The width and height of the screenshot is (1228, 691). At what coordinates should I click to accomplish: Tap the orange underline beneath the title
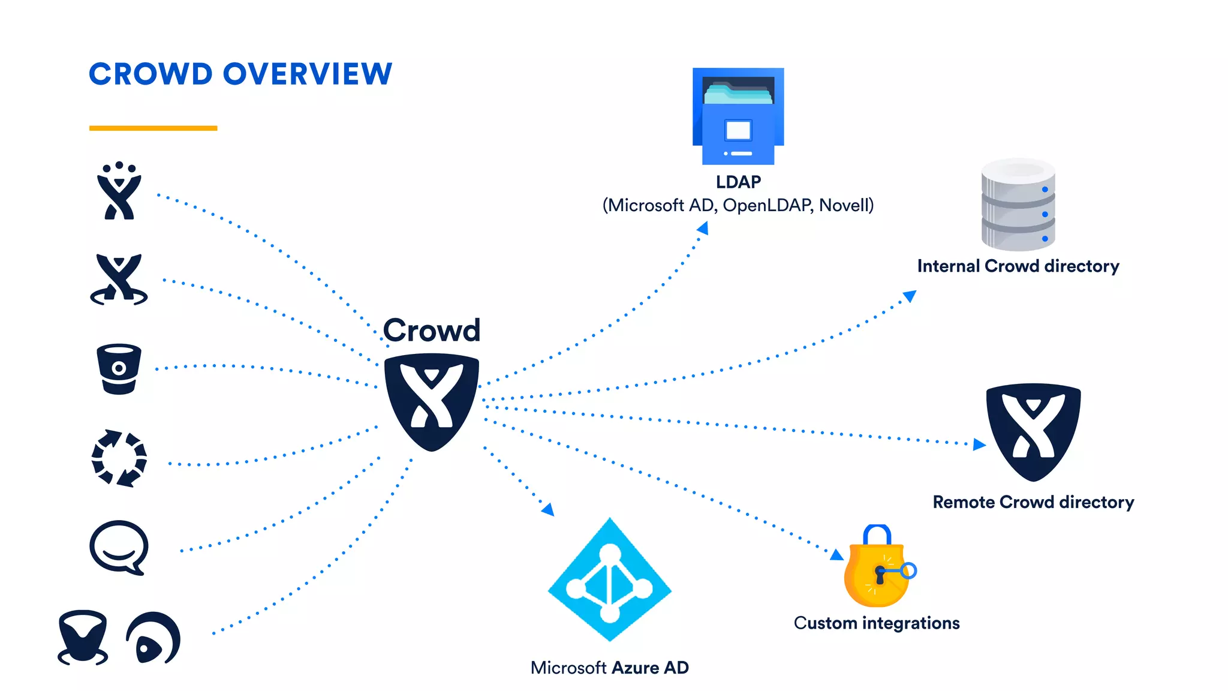(153, 128)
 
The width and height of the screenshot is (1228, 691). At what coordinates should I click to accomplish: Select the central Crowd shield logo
(431, 401)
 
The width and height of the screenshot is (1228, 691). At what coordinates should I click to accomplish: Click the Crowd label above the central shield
(431, 331)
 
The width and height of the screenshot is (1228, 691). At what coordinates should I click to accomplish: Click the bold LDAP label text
(738, 182)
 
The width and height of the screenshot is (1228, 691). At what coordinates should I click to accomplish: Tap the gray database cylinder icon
(1018, 205)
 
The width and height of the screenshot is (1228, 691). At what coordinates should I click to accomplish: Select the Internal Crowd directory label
(1018, 266)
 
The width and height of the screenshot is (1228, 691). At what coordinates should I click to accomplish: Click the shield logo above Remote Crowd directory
(1033, 431)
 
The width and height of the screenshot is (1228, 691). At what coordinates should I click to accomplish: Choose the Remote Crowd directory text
(1033, 502)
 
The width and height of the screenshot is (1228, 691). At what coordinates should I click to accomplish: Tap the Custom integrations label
(877, 623)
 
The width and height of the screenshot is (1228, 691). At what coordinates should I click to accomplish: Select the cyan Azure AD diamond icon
(610, 581)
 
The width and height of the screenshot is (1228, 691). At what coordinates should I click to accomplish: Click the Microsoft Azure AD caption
(610, 668)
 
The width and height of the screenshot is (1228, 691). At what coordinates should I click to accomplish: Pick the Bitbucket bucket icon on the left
(119, 368)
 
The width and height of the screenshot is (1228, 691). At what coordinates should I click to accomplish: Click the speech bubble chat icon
(119, 547)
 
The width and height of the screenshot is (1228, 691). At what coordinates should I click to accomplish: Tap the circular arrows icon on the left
(119, 458)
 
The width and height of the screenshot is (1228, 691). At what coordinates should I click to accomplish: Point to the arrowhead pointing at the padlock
(837, 555)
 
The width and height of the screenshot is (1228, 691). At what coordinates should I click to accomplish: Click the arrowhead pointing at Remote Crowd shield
(979, 444)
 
